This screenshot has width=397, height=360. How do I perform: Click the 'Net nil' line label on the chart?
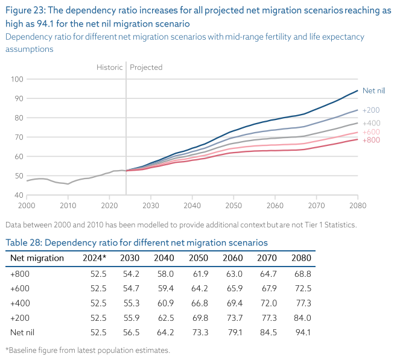(373, 90)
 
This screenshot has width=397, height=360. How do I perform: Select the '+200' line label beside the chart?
(371, 110)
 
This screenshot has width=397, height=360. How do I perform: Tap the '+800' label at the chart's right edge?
(371, 140)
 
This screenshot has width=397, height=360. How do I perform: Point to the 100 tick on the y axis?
(17, 79)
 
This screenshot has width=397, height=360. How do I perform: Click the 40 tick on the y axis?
(19, 195)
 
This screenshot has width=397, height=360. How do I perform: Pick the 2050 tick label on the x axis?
(233, 206)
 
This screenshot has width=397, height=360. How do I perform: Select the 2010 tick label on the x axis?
(68, 206)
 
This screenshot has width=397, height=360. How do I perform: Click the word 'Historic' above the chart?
(109, 67)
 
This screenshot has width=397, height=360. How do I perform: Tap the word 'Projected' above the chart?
(146, 67)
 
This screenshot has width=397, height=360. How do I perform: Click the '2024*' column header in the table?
(94, 258)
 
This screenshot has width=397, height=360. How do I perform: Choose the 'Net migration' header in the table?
(37, 258)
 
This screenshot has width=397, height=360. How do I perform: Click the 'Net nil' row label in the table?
(23, 332)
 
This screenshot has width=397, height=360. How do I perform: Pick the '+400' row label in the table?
(19, 303)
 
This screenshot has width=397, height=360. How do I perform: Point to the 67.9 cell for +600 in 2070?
(268, 288)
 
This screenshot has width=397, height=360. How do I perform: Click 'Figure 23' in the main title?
(24, 11)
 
